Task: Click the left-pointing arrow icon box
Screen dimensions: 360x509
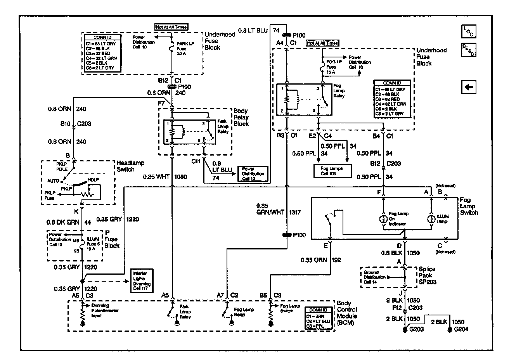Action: pos(469,87)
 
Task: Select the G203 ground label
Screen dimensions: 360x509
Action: pos(417,329)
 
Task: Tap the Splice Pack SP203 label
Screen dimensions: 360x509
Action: pos(427,275)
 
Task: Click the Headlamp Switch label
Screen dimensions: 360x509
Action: pos(125,166)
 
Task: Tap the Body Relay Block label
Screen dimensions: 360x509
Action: pos(241,117)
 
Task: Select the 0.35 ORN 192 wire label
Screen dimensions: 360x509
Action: pos(320,260)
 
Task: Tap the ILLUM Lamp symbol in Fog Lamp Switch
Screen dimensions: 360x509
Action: pos(431,219)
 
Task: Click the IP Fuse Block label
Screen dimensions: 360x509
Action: pos(112,239)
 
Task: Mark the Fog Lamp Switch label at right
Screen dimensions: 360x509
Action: pos(469,206)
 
